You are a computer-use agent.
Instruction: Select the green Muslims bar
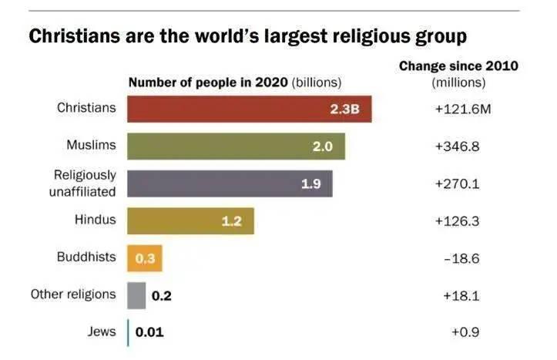point(236,146)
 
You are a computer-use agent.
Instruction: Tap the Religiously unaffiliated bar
point(230,183)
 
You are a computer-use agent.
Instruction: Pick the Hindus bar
point(190,220)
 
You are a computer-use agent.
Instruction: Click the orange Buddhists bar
point(145,258)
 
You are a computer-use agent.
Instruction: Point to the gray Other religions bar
point(136,295)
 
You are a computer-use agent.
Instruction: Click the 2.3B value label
point(345,109)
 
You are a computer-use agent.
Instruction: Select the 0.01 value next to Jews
point(149,333)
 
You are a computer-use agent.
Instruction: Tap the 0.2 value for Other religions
point(161,295)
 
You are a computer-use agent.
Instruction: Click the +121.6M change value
point(463,109)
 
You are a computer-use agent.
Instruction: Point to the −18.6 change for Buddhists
point(461,258)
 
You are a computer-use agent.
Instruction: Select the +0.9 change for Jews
point(465,333)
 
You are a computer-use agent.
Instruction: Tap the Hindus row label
point(95,220)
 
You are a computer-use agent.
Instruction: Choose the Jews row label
point(102,332)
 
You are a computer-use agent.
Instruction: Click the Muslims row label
point(91,145)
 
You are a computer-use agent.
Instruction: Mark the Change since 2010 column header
point(458,67)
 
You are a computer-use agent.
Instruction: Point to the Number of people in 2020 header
point(208,82)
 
